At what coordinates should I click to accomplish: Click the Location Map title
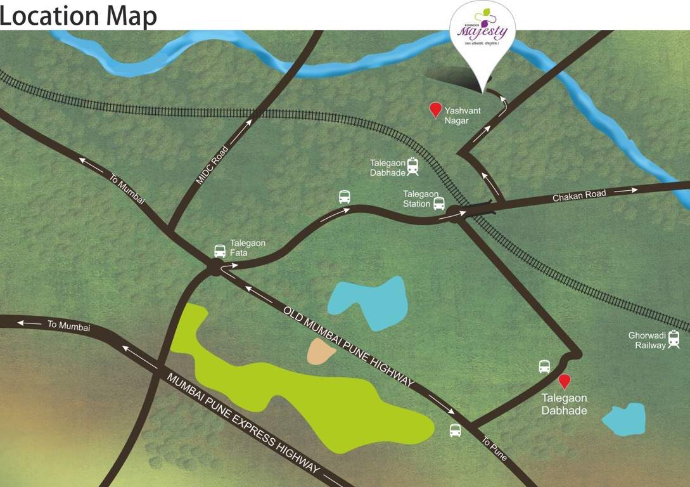coord(79,15)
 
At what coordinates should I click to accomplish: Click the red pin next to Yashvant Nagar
coord(435,110)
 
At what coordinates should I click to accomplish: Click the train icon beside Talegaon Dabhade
coord(413,166)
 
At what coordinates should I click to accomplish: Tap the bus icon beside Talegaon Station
coord(439,203)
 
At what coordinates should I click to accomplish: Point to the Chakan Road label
coord(578,196)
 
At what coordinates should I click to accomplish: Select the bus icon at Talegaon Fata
coord(220,250)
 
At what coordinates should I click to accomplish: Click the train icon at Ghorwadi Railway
coord(674,340)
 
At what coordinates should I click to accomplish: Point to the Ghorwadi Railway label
coord(647,341)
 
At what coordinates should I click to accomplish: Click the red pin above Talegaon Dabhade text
coord(564,380)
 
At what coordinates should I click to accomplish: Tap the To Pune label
coord(494,449)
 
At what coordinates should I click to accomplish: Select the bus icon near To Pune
coord(456,430)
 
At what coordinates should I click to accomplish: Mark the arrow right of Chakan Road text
coord(627,190)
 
